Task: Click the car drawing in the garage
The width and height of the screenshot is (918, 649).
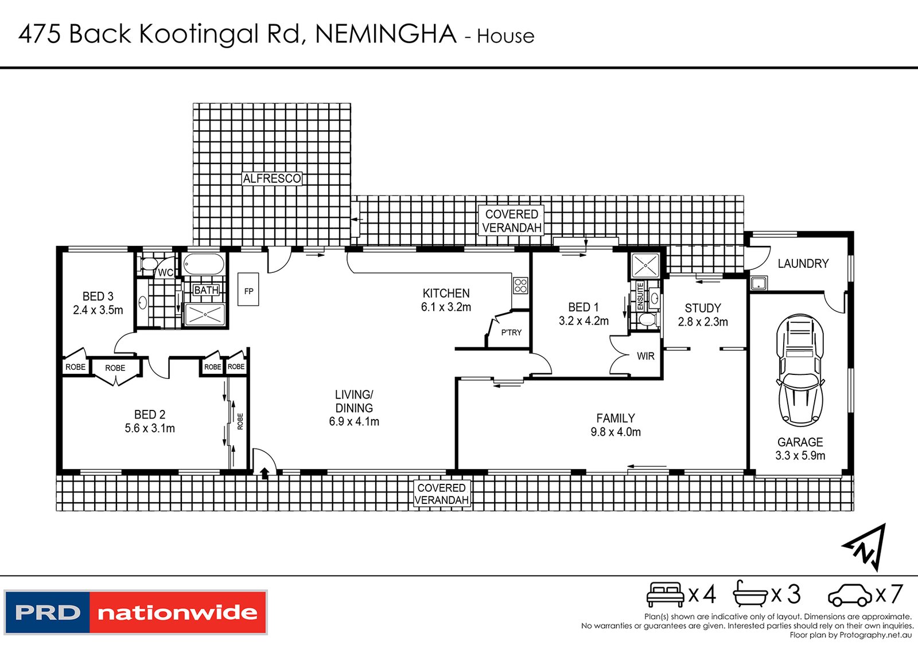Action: click(800, 370)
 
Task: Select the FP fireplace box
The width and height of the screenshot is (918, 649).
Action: click(248, 289)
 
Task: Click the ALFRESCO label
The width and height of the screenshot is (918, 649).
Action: click(272, 178)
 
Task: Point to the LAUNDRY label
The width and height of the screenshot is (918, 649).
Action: click(803, 263)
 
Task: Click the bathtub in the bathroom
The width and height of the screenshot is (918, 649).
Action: click(203, 264)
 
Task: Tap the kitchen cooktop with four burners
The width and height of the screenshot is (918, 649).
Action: click(520, 286)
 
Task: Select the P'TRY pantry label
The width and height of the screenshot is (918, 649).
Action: click(511, 333)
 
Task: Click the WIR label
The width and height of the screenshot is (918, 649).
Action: click(645, 356)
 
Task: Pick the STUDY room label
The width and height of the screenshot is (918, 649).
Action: click(703, 308)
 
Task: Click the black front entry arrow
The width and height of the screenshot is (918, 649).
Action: click(264, 474)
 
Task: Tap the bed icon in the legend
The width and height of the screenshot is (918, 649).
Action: click(666, 595)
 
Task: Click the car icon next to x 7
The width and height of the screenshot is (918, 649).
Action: click(850, 595)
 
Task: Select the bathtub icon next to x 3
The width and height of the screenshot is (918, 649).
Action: click(749, 593)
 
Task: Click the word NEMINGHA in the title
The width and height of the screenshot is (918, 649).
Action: click(386, 34)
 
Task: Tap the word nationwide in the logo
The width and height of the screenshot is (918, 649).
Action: click(177, 613)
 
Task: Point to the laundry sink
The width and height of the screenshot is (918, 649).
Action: click(758, 283)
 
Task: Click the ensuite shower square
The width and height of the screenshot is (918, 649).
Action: click(645, 265)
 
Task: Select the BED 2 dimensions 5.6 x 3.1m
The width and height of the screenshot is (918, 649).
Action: click(150, 428)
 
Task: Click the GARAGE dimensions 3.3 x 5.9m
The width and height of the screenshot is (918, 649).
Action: click(800, 455)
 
